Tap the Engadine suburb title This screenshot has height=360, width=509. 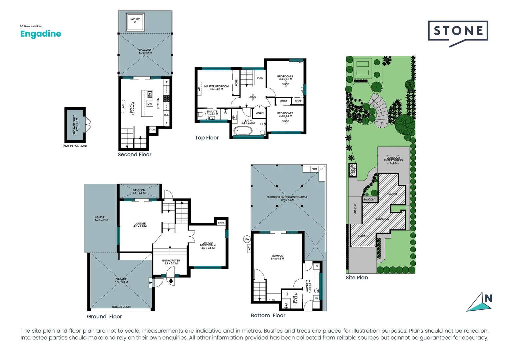pyautogui.click(x=41, y=34)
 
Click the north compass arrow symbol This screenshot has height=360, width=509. pyautogui.click(x=480, y=302)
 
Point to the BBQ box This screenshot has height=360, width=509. pyautogui.click(x=314, y=169)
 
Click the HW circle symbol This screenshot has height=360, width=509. pyautogui.click(x=247, y=239)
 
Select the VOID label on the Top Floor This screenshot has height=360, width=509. pyautogui.click(x=260, y=78)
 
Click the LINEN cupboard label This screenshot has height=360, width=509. pyautogui.click(x=259, y=113)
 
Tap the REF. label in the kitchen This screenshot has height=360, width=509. pyautogui.click(x=166, y=115)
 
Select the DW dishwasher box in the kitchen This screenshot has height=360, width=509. pyautogui.click(x=150, y=104)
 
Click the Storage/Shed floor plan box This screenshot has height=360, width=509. pyautogui.click(x=75, y=125)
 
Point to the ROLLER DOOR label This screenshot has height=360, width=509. pyautogui.click(x=121, y=307)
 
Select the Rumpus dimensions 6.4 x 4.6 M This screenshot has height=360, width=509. pyautogui.click(x=277, y=259)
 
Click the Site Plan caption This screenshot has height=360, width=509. pyautogui.click(x=357, y=277)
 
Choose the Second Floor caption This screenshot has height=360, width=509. pyautogui.click(x=134, y=154)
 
